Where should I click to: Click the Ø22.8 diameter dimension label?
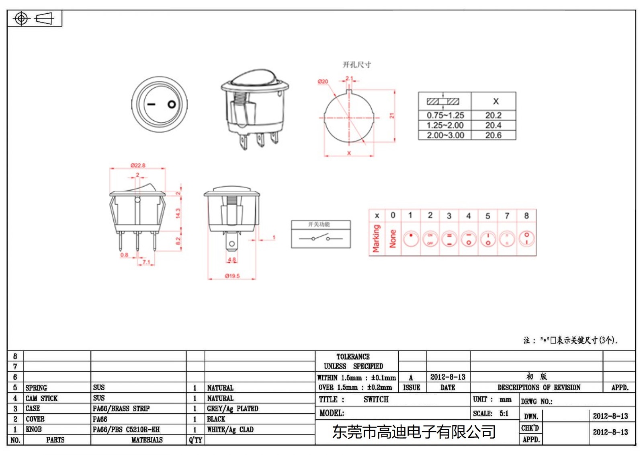coord(138,165)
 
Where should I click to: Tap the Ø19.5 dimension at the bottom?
coord(232,276)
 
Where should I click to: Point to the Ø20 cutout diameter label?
coord(323,81)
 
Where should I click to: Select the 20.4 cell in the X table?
coord(493,125)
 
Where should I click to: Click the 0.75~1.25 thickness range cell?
coord(445,115)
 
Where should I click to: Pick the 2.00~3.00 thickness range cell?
coord(445,136)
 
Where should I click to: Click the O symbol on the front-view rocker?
coord(172,105)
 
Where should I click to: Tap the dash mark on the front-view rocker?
coord(151,105)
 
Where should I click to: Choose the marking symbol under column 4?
coord(468,239)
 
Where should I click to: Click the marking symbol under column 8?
coord(526,239)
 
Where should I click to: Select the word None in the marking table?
coord(393,239)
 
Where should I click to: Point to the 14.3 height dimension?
coord(178,213)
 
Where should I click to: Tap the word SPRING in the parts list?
coord(36,388)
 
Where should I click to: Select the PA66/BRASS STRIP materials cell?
coord(121,408)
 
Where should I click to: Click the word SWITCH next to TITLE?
coord(376,399)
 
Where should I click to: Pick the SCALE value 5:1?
coord(504,414)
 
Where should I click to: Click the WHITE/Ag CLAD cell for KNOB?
coord(230,430)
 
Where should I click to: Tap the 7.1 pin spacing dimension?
coord(146,262)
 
